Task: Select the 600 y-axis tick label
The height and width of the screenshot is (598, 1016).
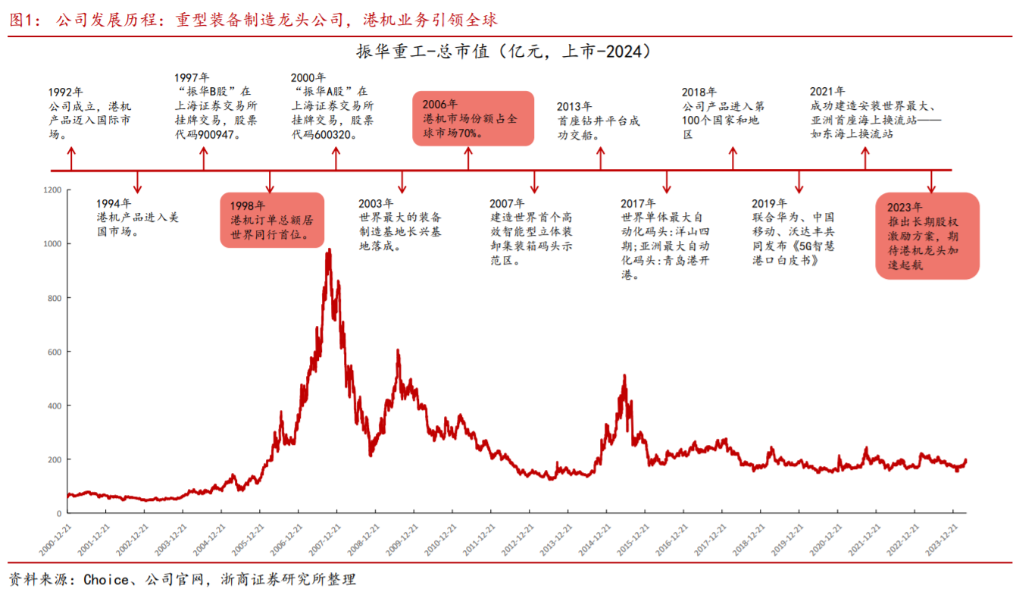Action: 55,352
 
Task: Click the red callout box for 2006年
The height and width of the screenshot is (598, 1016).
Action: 473,118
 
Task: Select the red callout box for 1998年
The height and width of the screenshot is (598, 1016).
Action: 272,220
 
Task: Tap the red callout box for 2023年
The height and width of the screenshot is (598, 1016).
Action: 927,236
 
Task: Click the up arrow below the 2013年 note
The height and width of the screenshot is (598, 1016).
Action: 601,158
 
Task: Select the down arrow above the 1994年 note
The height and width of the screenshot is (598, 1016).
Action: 137,182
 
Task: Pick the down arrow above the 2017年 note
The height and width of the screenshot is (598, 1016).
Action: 667,182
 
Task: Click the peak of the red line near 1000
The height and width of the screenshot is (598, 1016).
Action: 328,250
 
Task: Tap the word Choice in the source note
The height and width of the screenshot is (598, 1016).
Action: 106,581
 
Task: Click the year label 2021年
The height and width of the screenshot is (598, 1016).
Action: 827,92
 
